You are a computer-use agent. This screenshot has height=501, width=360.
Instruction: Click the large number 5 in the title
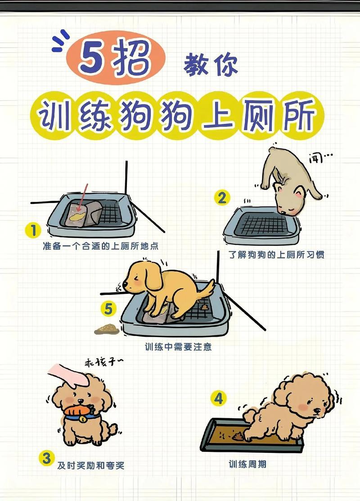tap(92, 59)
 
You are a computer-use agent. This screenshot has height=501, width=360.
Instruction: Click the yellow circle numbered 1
tap(33, 231)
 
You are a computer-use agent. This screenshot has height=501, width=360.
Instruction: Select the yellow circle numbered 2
tap(221, 198)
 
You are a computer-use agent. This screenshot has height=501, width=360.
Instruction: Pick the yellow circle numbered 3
tap(46, 458)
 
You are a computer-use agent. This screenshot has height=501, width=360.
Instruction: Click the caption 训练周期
tap(247, 464)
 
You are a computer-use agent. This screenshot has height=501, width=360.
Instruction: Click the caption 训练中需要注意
tap(178, 348)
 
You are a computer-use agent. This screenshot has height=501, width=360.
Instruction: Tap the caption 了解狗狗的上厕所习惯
tap(276, 255)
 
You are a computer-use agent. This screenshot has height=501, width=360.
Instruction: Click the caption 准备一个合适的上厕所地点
tap(101, 246)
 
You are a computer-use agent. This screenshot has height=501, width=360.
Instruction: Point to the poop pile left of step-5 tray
tap(106, 329)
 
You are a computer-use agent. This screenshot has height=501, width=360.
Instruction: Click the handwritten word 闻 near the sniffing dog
tap(317, 158)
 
